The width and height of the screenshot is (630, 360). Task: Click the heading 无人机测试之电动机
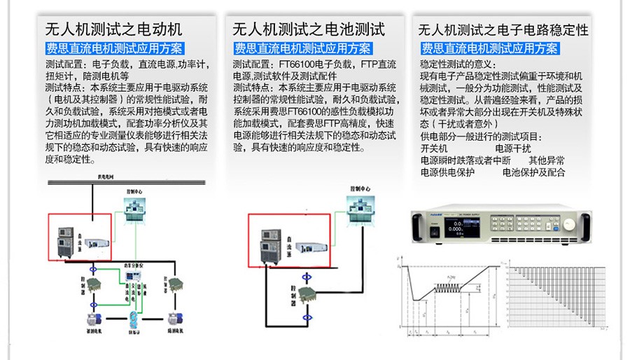pos(113,29)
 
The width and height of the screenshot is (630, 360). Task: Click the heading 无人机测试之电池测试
pos(308,29)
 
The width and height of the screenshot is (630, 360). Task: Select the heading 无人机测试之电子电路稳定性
pos(503,30)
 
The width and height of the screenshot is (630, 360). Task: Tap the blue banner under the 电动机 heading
pos(113,49)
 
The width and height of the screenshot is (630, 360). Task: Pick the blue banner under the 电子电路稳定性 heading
pos(489,49)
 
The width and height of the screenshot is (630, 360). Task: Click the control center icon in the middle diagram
pos(357,209)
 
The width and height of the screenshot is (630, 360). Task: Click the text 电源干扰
pos(513,148)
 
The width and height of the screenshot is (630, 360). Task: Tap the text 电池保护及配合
pos(533,172)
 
